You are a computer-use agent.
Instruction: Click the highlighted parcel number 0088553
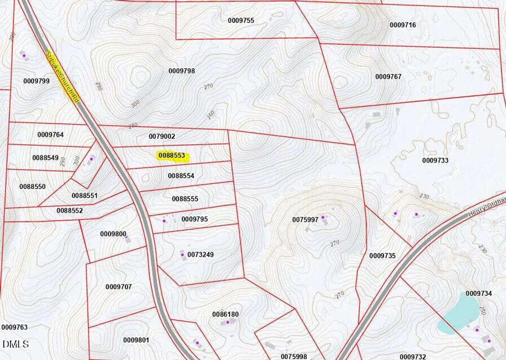coord(172,156)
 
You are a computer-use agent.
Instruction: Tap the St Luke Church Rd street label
coord(62,76)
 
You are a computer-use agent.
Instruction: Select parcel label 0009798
coord(181,71)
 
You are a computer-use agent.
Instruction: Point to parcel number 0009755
coord(241,21)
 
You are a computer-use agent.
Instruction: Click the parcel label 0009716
coord(403,25)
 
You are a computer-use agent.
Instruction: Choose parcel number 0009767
coord(388,77)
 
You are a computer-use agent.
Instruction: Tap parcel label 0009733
coord(435,160)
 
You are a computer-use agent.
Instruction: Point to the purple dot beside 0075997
coord(323,217)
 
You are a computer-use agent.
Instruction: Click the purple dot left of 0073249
coord(182,255)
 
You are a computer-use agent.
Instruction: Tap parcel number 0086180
coord(225,314)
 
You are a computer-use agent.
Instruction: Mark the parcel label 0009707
coord(119,287)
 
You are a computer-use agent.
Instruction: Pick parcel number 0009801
coord(136,340)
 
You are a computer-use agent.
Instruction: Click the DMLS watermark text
coord(15,344)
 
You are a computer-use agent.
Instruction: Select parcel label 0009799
coord(36,81)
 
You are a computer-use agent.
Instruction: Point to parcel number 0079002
coord(162,136)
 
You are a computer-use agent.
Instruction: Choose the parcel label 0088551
coord(84,196)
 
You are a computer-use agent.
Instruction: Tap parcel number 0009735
coord(382,256)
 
